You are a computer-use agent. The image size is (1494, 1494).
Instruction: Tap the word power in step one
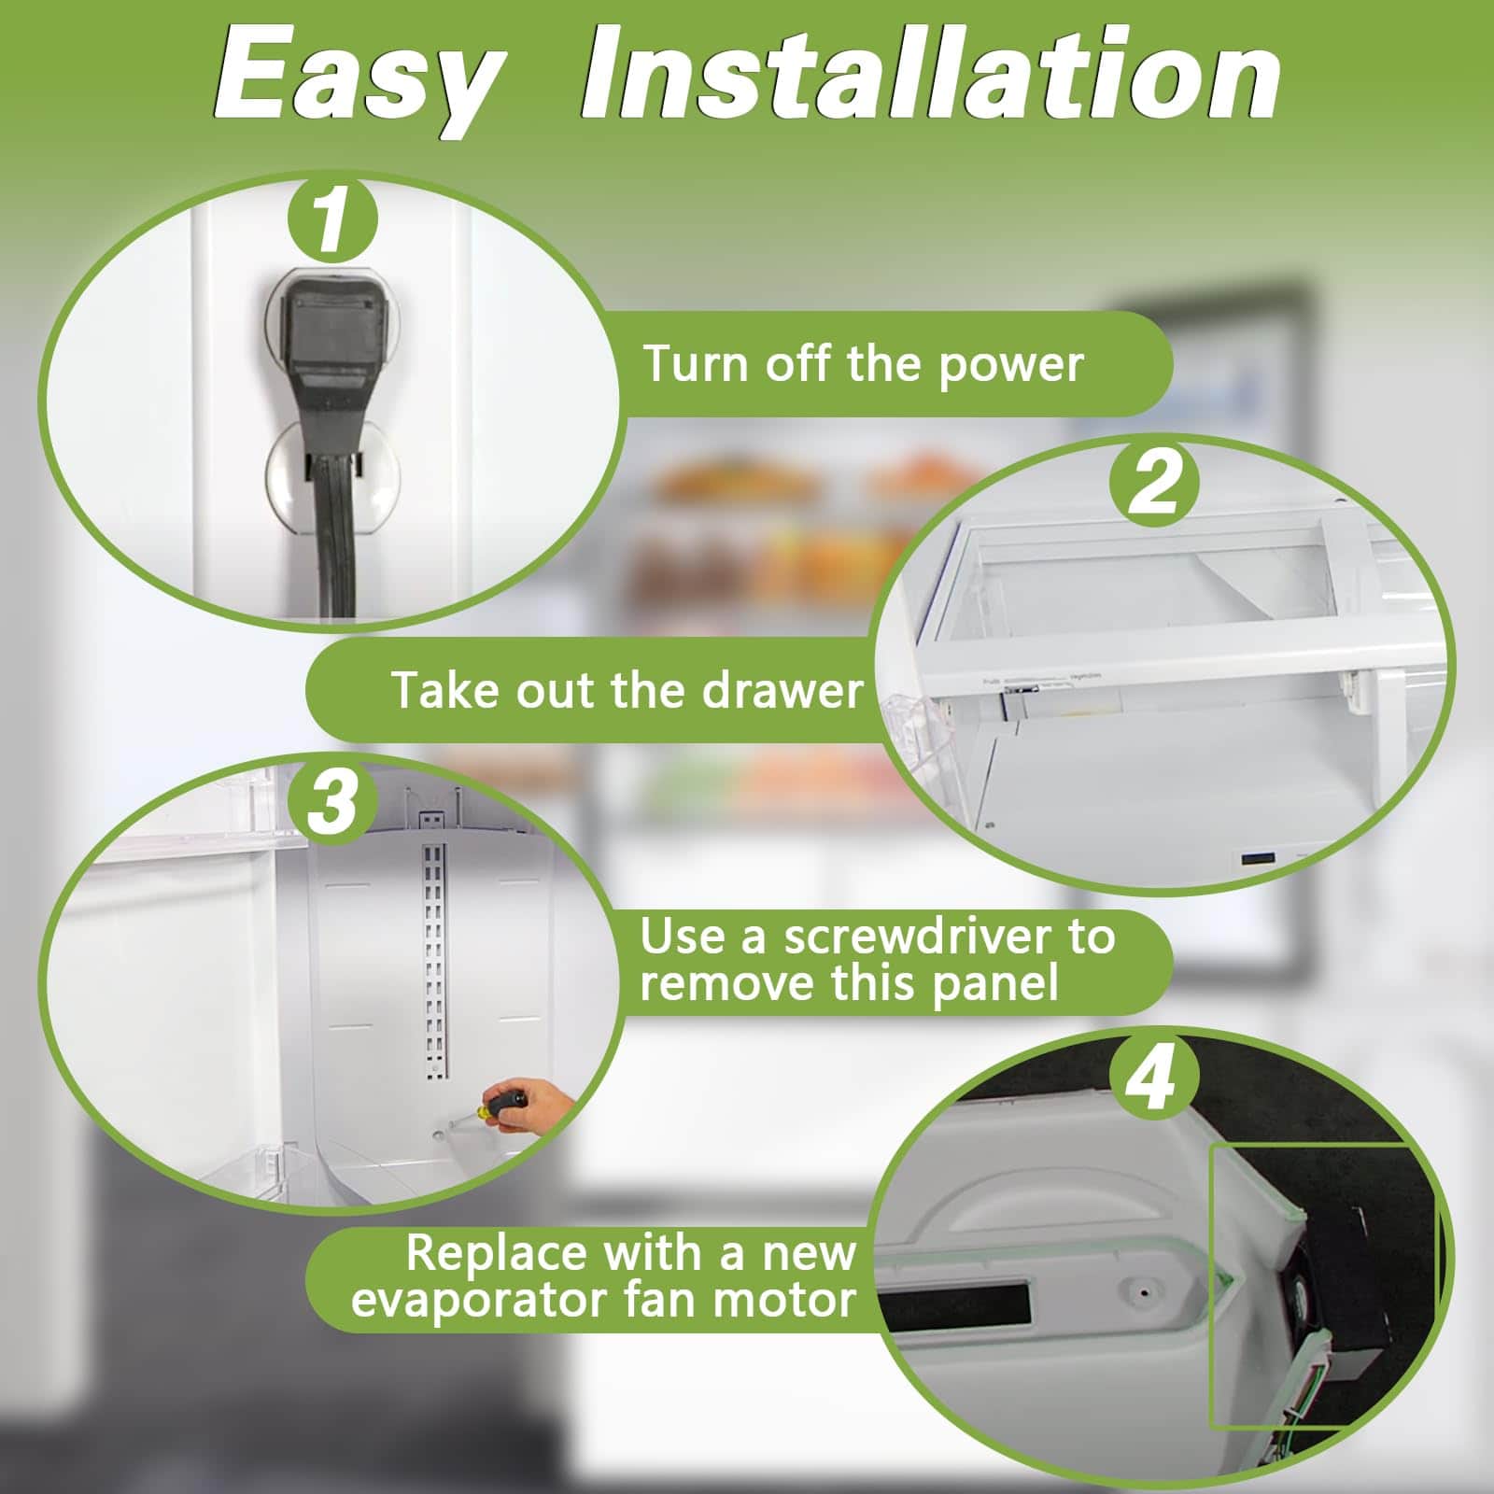[x=1010, y=364]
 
